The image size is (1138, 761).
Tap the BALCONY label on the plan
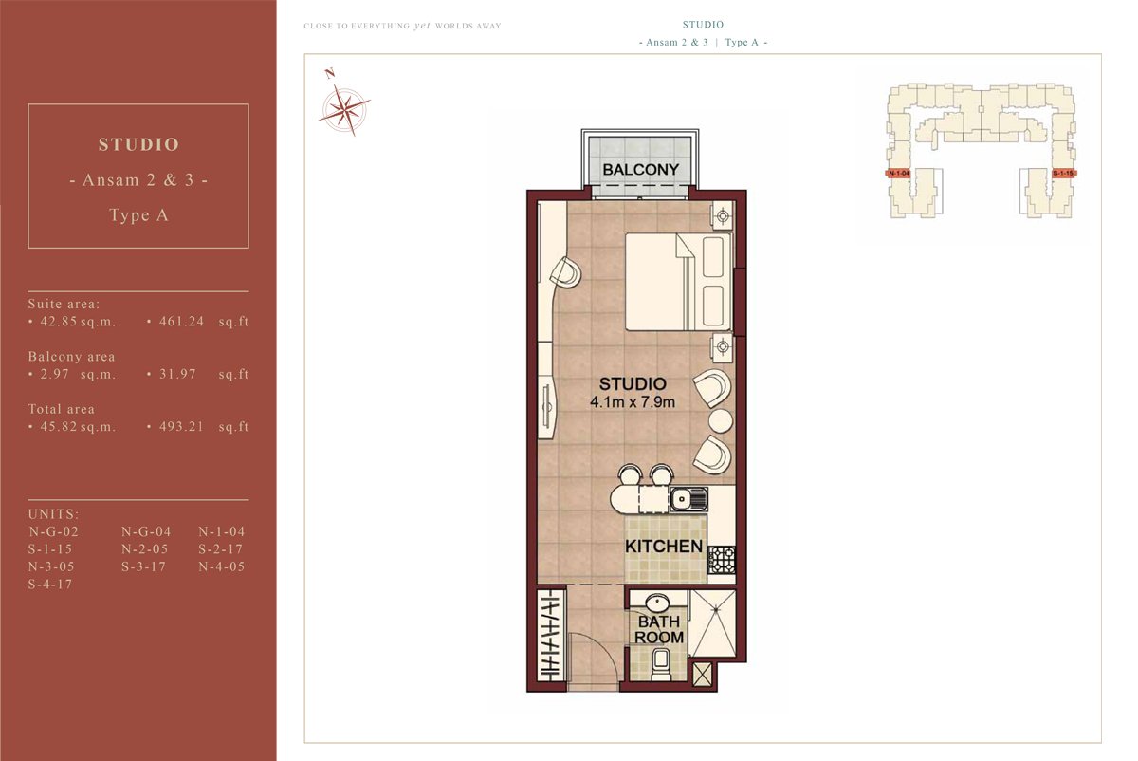[641, 170]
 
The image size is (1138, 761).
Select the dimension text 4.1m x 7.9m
[633, 402]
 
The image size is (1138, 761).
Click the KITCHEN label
[664, 547]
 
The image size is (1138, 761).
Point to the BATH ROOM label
[659, 630]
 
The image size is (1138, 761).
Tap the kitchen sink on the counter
[686, 498]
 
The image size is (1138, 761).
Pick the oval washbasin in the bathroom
[658, 603]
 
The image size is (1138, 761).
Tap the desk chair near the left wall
[565, 273]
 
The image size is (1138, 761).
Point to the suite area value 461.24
[175, 322]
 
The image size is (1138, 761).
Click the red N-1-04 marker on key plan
[899, 174]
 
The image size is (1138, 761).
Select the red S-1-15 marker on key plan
[1063, 174]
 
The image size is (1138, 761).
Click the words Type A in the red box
[138, 215]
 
